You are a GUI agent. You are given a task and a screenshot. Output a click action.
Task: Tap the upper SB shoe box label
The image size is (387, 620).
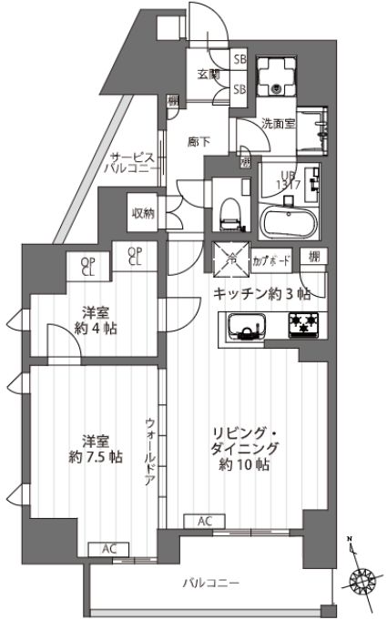click(x=240, y=59)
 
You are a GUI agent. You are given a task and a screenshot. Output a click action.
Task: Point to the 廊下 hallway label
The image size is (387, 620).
click(x=199, y=142)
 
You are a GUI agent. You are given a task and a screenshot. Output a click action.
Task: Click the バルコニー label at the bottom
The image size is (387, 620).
click(x=209, y=583)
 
